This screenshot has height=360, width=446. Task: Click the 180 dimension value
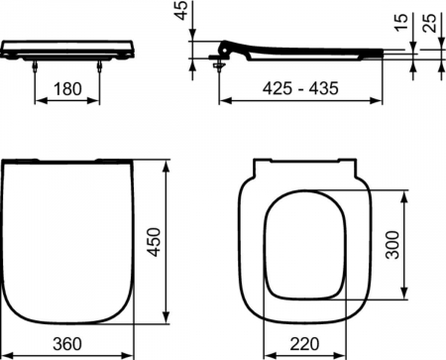point(67,89)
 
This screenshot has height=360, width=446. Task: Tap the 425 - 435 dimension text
point(300,88)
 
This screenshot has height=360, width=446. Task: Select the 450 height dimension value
point(154,242)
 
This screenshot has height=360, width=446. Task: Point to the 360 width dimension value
point(67,344)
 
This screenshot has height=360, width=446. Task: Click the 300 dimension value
point(393,245)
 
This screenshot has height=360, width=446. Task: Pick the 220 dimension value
point(304,344)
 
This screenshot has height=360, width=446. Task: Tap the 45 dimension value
point(181,10)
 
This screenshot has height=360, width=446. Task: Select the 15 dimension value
point(401,23)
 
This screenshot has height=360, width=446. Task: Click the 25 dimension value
point(430,23)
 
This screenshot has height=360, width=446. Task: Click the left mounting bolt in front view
point(35,65)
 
